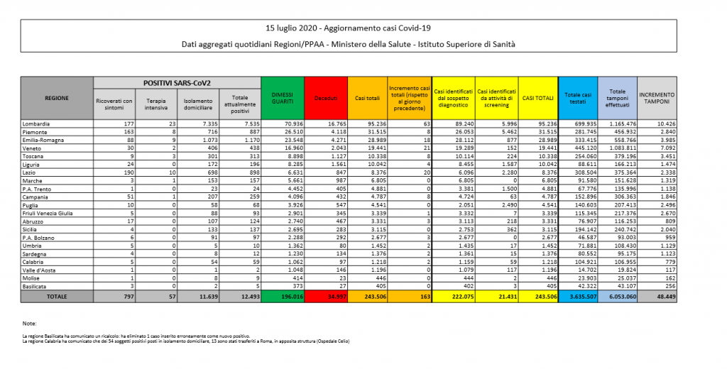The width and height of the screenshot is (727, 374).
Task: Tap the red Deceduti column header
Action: pos(326,99)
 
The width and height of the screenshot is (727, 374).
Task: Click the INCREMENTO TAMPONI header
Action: pos(657,99)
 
